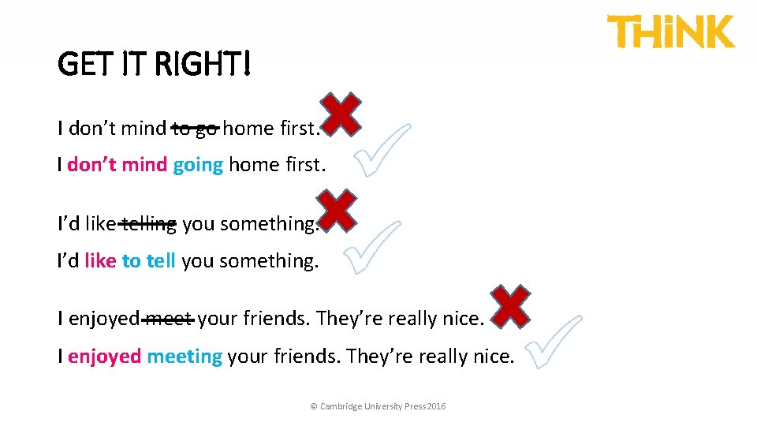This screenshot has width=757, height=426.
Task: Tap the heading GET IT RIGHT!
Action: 155,64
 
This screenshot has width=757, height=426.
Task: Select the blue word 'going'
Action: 198,166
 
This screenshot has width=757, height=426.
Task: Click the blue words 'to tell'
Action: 148,261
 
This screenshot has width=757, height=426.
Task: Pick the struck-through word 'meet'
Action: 170,319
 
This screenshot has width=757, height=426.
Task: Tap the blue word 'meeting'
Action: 185,357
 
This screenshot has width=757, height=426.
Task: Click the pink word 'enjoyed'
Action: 104,357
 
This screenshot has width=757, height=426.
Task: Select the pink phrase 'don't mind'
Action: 117,165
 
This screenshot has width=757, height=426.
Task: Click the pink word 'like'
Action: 100,261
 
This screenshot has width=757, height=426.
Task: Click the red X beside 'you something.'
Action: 337,211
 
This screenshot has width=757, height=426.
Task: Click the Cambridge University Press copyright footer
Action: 378,406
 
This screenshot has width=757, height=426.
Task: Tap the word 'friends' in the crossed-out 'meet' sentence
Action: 276,319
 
